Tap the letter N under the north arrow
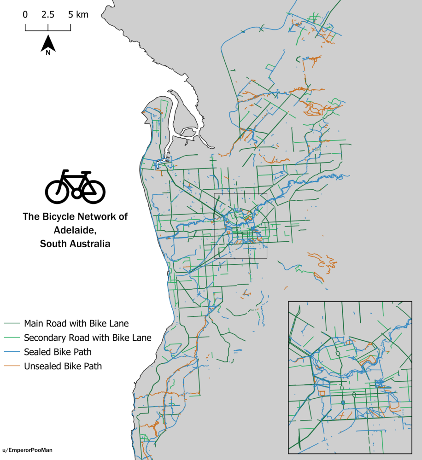(x=48, y=52)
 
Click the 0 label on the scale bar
(x=25, y=15)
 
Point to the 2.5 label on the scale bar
(x=48, y=15)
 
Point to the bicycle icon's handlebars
(x=86, y=174)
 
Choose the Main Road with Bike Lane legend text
(x=76, y=323)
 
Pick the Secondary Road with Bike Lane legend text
(x=88, y=338)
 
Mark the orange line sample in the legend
(x=12, y=367)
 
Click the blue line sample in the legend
(x=12, y=352)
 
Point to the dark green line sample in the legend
(x=12, y=323)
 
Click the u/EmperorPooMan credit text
(x=27, y=450)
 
